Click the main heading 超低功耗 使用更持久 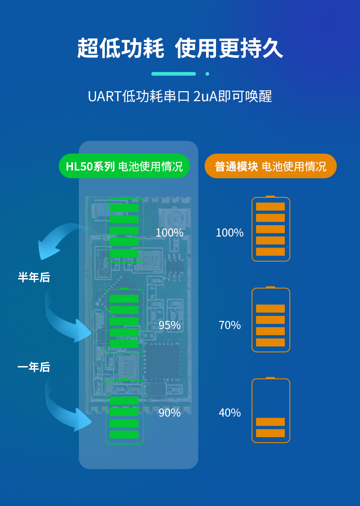click(180, 49)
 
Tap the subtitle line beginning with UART click(180, 97)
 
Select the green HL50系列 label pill click(124, 166)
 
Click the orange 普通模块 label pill click(271, 166)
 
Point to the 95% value click(170, 325)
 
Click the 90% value click(170, 413)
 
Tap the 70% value click(230, 325)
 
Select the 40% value click(230, 413)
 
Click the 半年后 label click(34, 277)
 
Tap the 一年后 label click(34, 367)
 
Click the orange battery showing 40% click(271, 410)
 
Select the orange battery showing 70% click(271, 320)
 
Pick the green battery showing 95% click(124, 321)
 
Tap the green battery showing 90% click(124, 412)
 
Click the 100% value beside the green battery click(170, 232)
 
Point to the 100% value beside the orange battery click(230, 232)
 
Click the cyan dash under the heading click(174, 74)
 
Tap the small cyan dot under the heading click(207, 74)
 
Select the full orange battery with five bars click(271, 229)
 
